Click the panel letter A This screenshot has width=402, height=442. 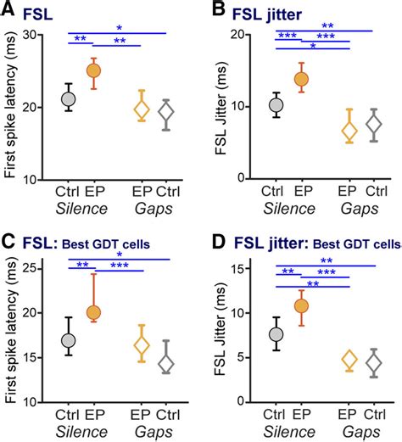point(8,12)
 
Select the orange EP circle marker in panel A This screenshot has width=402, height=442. point(94,71)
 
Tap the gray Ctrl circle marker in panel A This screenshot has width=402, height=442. point(70,98)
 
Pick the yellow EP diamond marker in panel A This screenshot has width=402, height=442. point(142,109)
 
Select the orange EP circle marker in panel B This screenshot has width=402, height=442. point(301,79)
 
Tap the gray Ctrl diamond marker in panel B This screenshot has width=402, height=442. point(373,124)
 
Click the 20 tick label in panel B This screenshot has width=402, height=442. point(239,35)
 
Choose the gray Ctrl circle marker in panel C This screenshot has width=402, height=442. point(70,340)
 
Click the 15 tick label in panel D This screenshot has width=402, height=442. point(239,268)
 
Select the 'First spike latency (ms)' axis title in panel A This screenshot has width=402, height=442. point(10,106)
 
